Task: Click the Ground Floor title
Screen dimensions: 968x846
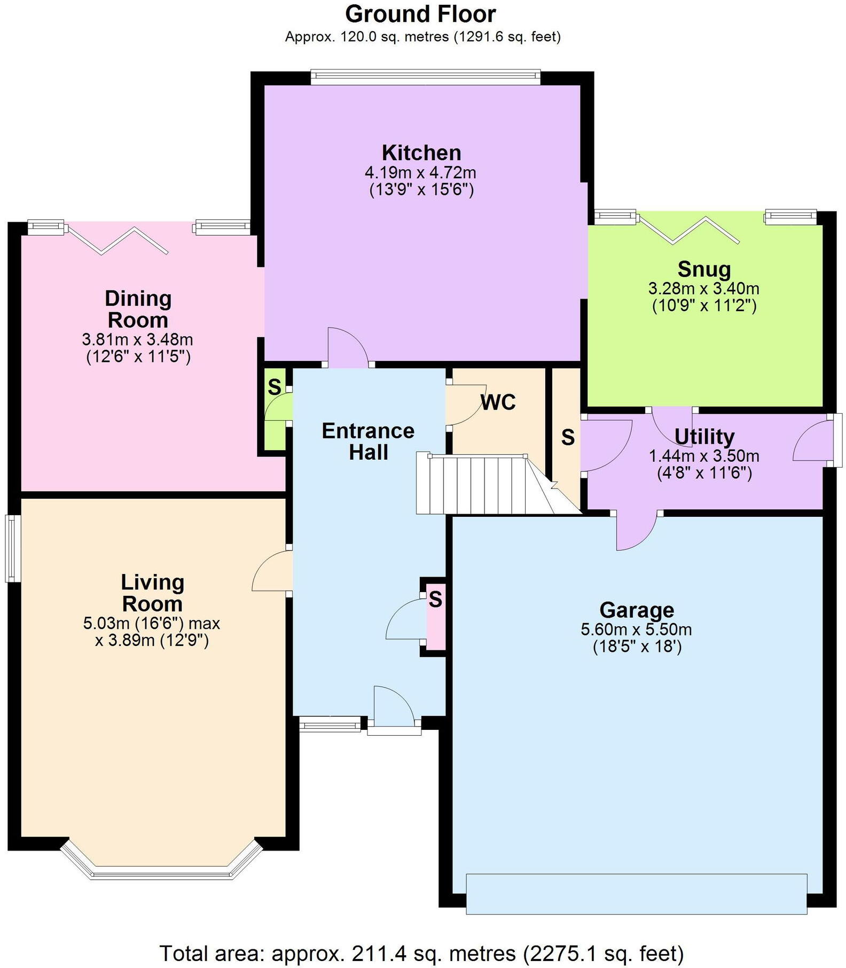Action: point(420,14)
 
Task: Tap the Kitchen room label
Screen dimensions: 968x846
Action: point(421,153)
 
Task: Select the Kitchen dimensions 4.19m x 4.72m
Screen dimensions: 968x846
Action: point(421,172)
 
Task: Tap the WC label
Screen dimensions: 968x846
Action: point(498,402)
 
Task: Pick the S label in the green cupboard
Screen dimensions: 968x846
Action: point(274,387)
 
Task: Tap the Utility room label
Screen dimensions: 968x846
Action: point(704,436)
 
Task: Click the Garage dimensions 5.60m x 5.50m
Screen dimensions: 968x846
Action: point(636,629)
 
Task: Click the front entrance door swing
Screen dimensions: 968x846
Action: point(393,707)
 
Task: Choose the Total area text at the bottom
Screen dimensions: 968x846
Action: point(421,952)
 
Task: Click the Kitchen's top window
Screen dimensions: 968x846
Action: point(425,77)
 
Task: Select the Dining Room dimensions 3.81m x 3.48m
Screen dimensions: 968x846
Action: point(137,339)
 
